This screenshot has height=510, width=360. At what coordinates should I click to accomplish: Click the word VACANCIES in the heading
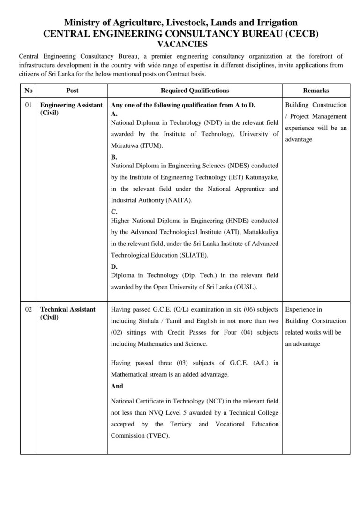coord(180,45)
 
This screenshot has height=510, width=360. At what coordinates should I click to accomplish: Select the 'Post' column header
coord(72,91)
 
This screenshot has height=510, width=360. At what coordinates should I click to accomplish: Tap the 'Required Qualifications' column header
coord(195,91)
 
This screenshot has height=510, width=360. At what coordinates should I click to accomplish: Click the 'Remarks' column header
coord(315,91)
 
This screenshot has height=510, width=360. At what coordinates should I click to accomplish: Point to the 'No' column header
coord(29,91)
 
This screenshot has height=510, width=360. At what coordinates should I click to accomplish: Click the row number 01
coord(29,105)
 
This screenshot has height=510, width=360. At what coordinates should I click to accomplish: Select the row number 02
coord(29,309)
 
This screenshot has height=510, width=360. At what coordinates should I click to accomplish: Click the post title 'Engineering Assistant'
coord(71,105)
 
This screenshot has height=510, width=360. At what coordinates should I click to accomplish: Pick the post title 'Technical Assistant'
coord(68,309)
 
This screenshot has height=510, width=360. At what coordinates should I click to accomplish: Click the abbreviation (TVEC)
coord(157,435)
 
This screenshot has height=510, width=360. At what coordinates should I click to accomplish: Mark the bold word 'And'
coord(117,386)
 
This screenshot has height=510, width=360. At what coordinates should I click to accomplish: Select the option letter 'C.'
coord(114,212)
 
